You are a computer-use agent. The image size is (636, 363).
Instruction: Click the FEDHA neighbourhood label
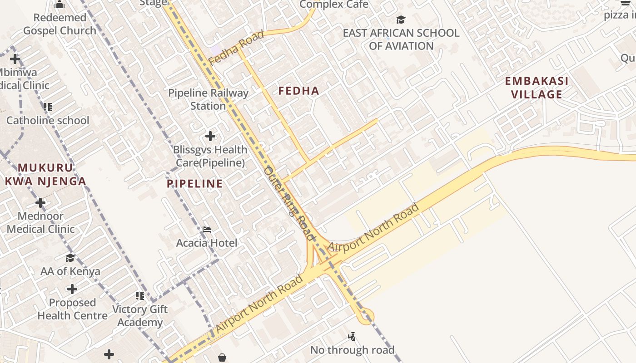tap(298, 91)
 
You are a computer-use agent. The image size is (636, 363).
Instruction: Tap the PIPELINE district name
tap(194, 184)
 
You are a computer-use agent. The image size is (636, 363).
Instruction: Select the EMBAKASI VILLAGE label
tap(537, 88)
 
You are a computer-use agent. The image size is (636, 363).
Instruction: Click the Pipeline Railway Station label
tap(208, 99)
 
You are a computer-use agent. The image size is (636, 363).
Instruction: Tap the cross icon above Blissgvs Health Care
tap(210, 136)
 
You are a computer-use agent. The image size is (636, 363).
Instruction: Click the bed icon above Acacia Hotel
tap(207, 230)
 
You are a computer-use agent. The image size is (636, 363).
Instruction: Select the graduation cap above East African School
tap(401, 20)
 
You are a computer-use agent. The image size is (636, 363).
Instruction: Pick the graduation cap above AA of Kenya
tap(70, 258)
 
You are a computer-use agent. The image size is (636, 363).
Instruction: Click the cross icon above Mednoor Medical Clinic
tap(40, 202)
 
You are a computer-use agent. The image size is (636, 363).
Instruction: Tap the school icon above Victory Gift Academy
tap(139, 296)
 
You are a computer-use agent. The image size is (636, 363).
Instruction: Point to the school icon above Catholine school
tap(47, 107)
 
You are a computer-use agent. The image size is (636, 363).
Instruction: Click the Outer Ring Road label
tap(289, 203)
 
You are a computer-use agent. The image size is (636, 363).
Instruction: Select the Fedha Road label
tap(236, 47)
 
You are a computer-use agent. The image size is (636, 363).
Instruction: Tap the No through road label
tap(352, 350)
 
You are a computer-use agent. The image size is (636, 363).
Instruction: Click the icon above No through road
tap(352, 337)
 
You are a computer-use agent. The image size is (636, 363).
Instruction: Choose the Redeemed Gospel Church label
tap(60, 24)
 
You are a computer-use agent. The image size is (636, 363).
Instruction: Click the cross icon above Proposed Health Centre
tap(72, 289)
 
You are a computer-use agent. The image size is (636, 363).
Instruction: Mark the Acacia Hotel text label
tap(207, 243)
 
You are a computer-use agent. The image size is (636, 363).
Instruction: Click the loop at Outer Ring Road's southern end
tap(366, 316)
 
